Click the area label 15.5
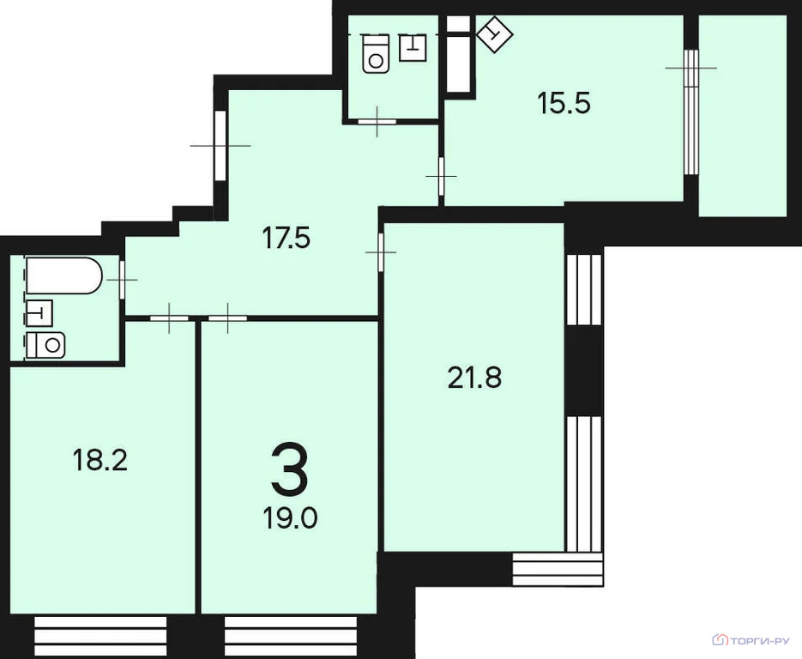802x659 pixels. [x=564, y=103]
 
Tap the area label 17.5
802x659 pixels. [x=286, y=238]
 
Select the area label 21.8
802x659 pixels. [x=474, y=378]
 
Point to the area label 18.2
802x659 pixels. [x=99, y=459]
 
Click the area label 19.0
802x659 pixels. [x=291, y=517]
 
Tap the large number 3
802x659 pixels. [x=290, y=469]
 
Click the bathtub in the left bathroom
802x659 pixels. [x=64, y=275]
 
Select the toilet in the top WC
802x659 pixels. [x=376, y=54]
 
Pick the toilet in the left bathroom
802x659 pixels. [x=46, y=344]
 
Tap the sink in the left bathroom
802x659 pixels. [x=39, y=312]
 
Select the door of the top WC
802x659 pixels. [x=377, y=121]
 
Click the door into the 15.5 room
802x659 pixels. [x=441, y=176]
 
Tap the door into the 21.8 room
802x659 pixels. [x=381, y=252]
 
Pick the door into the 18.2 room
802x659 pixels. [x=169, y=317]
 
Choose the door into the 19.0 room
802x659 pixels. [x=227, y=317]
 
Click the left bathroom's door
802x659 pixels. [x=122, y=280]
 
